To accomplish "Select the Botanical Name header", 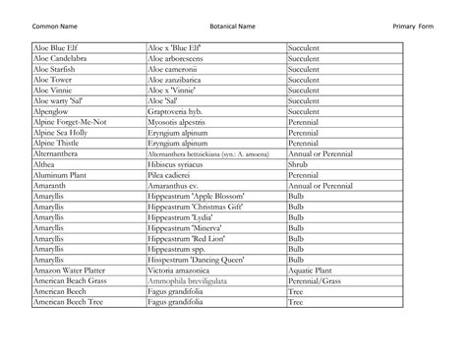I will pyautogui.click(x=232, y=24).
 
